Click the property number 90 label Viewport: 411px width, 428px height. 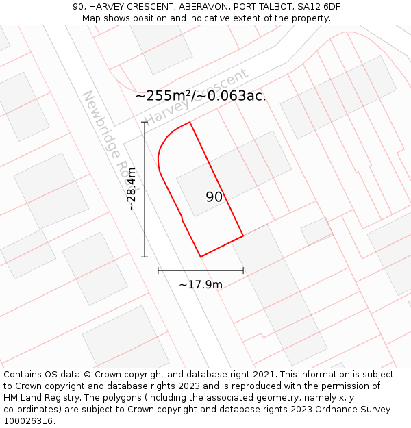(214, 197)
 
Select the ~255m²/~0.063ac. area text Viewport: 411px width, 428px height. (201, 96)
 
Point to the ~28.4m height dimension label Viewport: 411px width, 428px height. (132, 190)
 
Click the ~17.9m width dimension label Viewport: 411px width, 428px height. (201, 284)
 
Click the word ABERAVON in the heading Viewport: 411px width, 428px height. (202, 7)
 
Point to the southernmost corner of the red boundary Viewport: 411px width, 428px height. (201, 257)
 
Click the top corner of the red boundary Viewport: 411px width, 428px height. (190, 122)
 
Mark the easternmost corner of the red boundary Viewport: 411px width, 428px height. (243, 236)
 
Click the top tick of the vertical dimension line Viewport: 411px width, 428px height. (145, 123)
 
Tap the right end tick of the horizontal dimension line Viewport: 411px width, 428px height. (243, 270)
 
